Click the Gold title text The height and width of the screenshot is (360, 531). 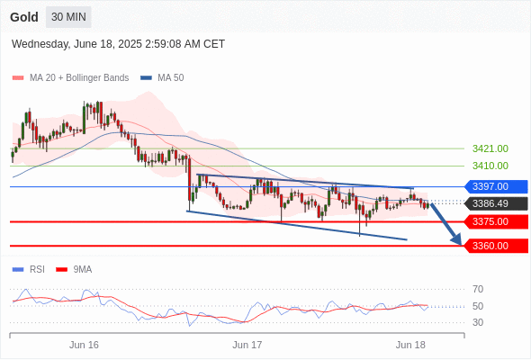24,17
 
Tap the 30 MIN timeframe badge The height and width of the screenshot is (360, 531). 68,17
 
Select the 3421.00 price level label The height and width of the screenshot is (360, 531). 490,148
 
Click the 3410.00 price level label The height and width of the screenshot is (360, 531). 490,166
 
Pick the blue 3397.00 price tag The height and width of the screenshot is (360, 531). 496,186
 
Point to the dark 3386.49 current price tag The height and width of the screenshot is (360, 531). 496,203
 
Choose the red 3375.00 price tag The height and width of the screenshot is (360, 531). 496,221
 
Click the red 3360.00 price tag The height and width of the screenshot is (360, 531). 496,246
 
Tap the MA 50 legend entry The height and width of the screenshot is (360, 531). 162,78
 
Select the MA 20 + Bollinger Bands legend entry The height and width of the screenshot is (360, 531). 70,78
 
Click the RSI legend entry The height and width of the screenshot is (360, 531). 29,270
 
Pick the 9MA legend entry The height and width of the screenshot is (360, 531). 74,270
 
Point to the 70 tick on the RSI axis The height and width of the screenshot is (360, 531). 478,289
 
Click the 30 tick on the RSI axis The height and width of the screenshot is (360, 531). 478,322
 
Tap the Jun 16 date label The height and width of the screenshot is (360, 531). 84,345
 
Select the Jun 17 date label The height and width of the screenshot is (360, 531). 247,345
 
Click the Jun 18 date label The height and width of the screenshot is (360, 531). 410,345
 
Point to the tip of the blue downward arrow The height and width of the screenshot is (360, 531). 461,245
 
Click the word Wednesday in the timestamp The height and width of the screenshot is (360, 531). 40,44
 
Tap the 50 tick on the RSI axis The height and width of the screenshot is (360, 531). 478,306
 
